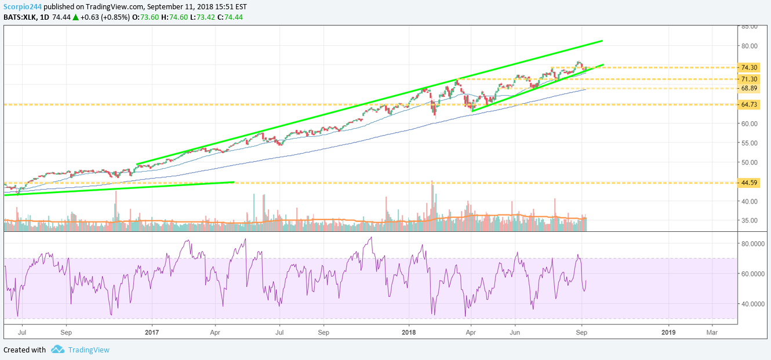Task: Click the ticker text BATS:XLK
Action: pyautogui.click(x=20, y=17)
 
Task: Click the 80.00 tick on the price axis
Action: pyautogui.click(x=749, y=46)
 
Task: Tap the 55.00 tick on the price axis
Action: pyautogui.click(x=749, y=143)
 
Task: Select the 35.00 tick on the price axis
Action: pyautogui.click(x=749, y=220)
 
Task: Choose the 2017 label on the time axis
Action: pyautogui.click(x=152, y=333)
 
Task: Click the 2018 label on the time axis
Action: pyautogui.click(x=409, y=333)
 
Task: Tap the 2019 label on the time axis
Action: pyautogui.click(x=668, y=333)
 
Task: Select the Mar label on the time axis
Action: pyautogui.click(x=712, y=333)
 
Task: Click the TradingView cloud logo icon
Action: pyautogui.click(x=57, y=350)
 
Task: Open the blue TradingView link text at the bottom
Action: pyautogui.click(x=89, y=350)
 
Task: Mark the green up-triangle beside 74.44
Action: pyautogui.click(x=75, y=17)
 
